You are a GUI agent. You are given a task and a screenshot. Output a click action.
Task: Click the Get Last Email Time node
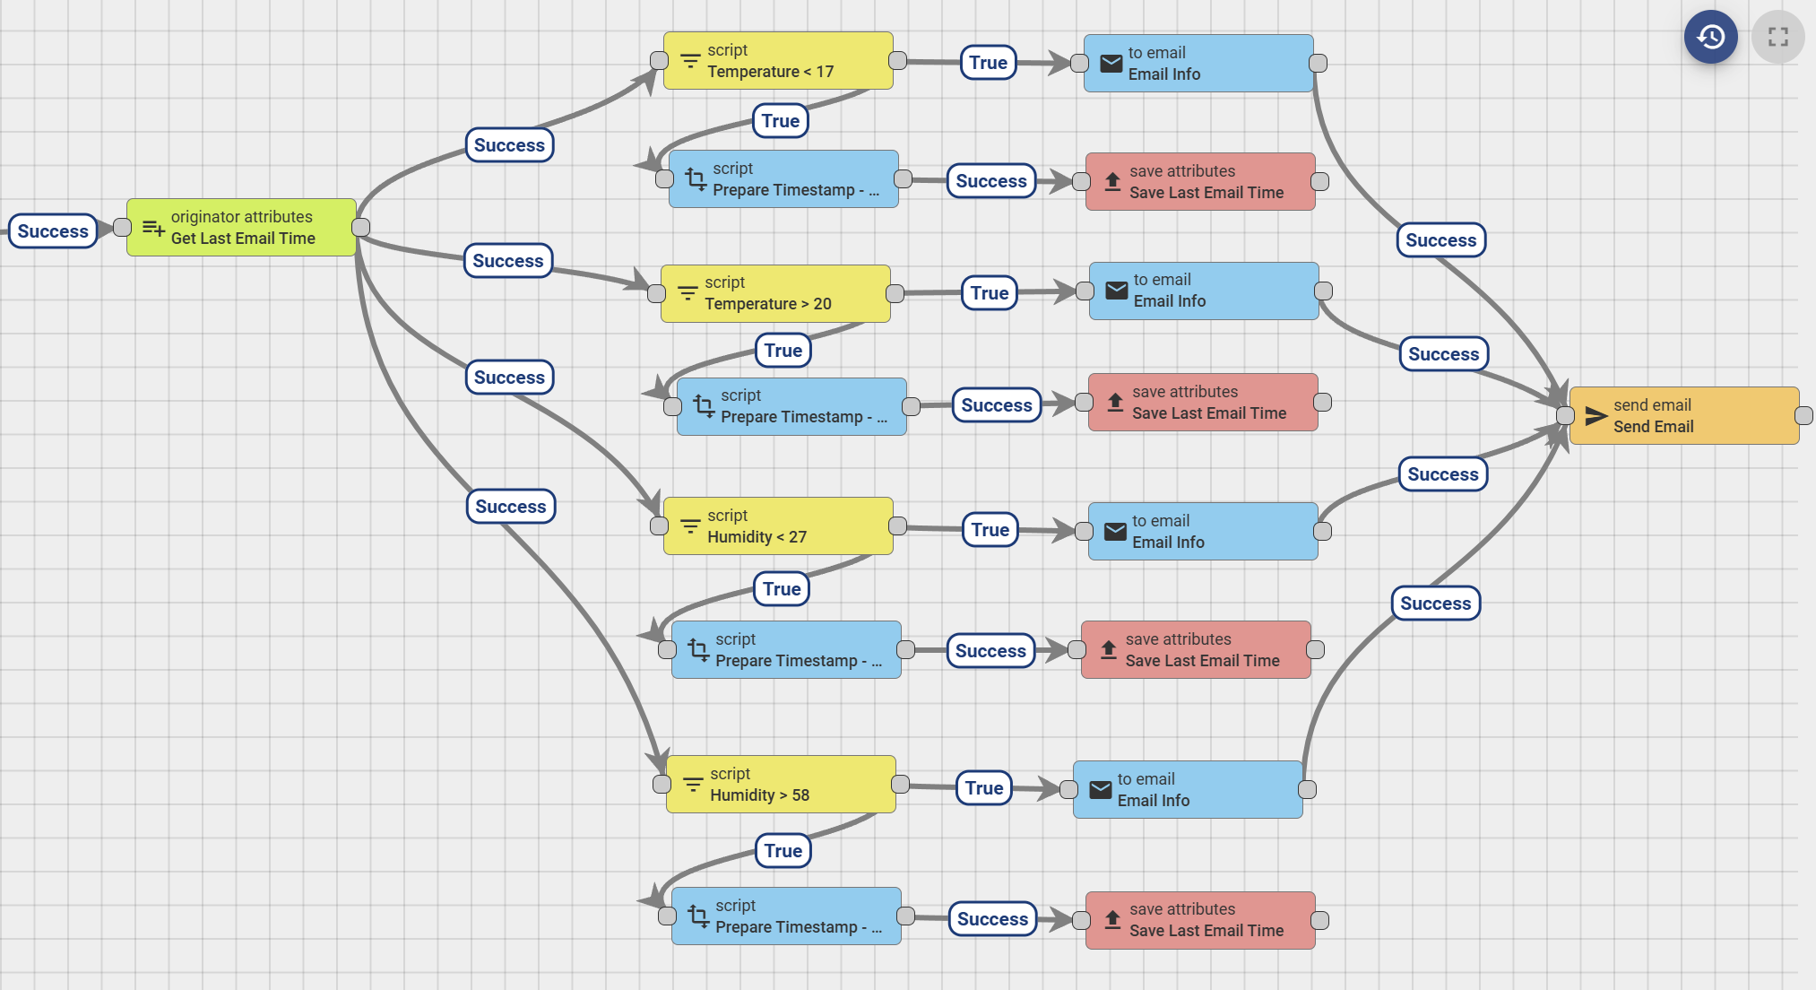[241, 228]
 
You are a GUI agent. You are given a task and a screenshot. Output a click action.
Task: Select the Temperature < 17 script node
[777, 61]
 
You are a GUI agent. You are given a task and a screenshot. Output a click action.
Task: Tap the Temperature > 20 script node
[774, 293]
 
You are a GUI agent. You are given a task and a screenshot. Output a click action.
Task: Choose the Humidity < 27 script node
[777, 526]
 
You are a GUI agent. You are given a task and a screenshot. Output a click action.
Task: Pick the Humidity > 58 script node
[780, 785]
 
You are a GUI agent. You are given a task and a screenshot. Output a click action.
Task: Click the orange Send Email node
[1683, 416]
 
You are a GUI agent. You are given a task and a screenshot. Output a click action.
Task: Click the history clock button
[1710, 37]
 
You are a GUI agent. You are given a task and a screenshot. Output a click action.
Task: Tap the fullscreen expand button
[1777, 37]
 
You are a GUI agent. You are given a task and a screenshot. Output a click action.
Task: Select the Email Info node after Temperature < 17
[1198, 64]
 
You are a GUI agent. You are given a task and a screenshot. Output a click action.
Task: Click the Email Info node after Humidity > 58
[1187, 790]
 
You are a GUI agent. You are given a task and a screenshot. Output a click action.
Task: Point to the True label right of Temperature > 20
[989, 293]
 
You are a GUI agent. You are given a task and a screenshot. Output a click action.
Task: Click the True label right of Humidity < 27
[990, 530]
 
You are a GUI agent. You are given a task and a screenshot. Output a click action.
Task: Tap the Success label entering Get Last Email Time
[53, 231]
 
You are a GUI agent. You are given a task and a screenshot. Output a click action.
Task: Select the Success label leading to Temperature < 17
[509, 145]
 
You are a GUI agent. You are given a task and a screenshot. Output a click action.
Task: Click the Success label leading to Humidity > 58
[510, 507]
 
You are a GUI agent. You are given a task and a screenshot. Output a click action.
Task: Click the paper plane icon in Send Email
[1595, 416]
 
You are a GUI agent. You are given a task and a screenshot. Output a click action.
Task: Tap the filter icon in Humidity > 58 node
[693, 785]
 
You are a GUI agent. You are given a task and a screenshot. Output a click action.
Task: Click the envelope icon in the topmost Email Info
[1111, 64]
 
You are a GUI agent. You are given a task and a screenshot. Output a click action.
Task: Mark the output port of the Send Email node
[1803, 416]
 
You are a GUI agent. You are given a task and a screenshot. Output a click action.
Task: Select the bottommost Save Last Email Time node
[1199, 920]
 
